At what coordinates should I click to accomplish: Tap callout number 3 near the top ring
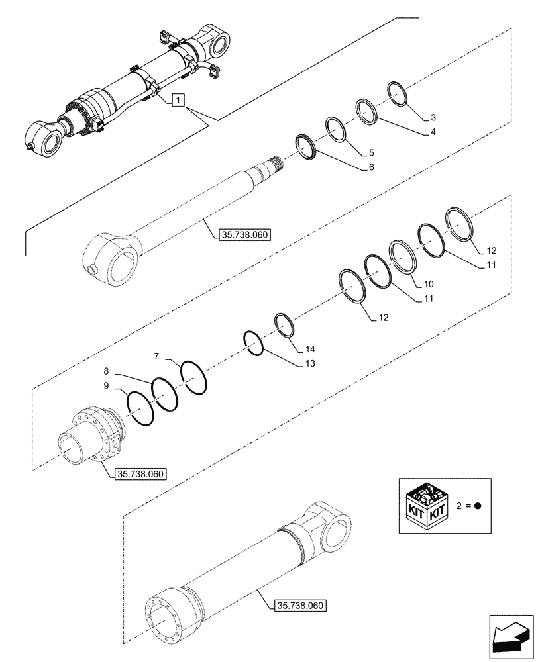point(433,118)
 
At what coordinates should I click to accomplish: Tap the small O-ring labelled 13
point(253,343)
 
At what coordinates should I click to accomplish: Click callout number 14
point(311,348)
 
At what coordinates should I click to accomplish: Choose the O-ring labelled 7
point(193,377)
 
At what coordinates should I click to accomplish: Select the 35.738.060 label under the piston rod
point(242,234)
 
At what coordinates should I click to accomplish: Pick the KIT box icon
point(425,504)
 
